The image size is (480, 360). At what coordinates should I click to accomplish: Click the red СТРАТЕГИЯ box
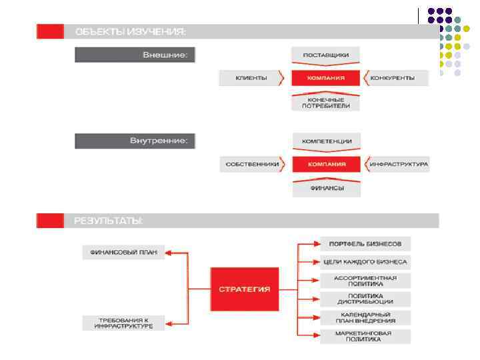pyautogui.click(x=245, y=289)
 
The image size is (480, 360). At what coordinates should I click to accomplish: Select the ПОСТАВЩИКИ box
pyautogui.click(x=326, y=54)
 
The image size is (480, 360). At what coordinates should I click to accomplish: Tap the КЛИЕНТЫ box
pyautogui.click(x=251, y=78)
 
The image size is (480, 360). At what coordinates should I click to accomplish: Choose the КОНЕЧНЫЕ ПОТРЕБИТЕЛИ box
pyautogui.click(x=326, y=102)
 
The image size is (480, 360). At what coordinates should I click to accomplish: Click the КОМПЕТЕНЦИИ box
pyautogui.click(x=326, y=141)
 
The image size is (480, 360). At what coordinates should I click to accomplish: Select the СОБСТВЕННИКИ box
pyautogui.click(x=251, y=164)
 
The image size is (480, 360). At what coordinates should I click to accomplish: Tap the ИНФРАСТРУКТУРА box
pyautogui.click(x=397, y=164)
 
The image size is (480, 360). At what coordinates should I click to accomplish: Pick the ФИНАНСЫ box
pyautogui.click(x=326, y=189)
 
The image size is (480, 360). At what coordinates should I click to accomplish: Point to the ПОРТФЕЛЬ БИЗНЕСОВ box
pyautogui.click(x=365, y=243)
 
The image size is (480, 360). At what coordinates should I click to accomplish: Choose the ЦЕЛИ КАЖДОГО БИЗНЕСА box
pyautogui.click(x=365, y=261)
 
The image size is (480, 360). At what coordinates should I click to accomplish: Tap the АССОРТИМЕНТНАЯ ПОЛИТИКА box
pyautogui.click(x=365, y=281)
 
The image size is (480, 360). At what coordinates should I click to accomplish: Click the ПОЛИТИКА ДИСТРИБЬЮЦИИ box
pyautogui.click(x=365, y=299)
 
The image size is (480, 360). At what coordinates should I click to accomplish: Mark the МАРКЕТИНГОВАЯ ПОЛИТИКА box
pyautogui.click(x=365, y=336)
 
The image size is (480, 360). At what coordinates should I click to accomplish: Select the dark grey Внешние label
pyautogui.click(x=135, y=55)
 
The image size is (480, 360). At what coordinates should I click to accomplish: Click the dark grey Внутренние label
pyautogui.click(x=135, y=141)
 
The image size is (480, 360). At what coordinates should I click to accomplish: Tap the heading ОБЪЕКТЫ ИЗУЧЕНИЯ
pyautogui.click(x=131, y=31)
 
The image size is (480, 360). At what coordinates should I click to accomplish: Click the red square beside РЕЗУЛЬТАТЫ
pyautogui.click(x=50, y=220)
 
